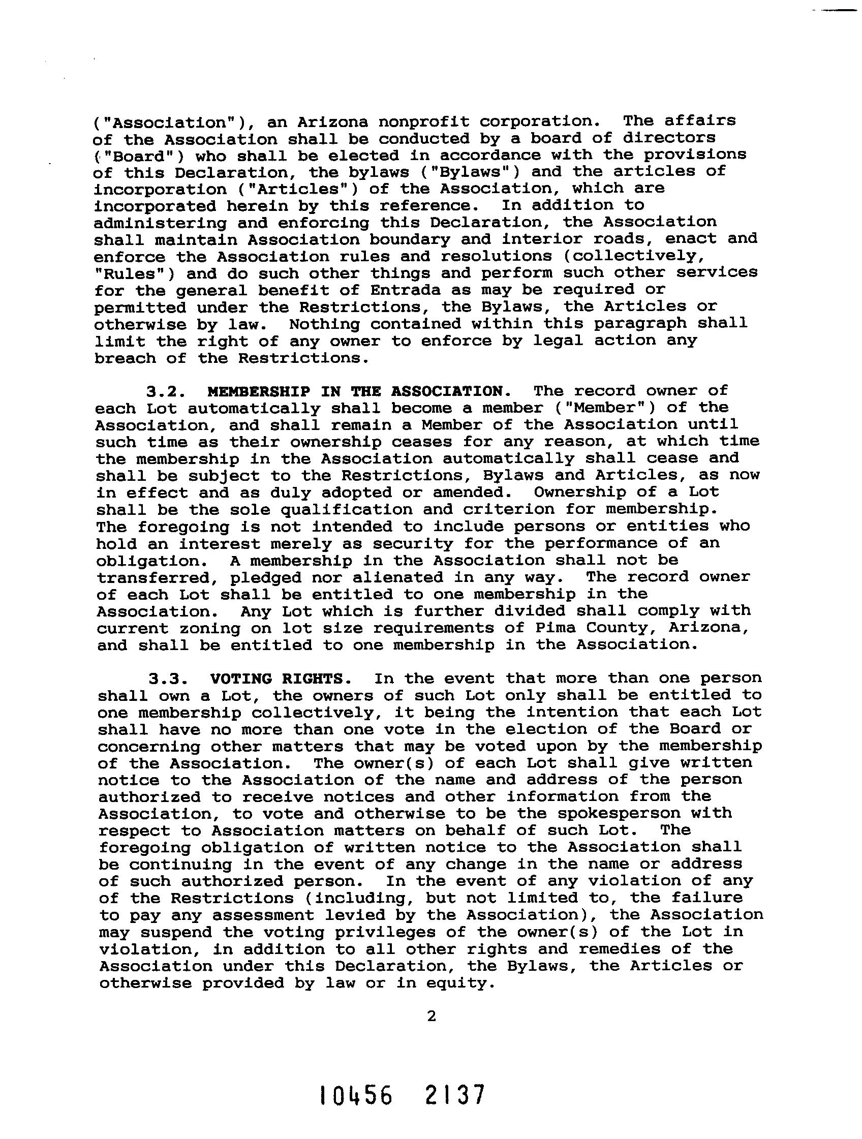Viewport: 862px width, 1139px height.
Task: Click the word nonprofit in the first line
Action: pyautogui.click(x=423, y=122)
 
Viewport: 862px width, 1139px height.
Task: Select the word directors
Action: pyautogui.click(x=669, y=139)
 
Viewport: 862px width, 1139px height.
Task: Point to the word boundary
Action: pyautogui.click(x=409, y=240)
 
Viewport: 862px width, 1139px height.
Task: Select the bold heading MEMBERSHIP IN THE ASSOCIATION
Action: pyautogui.click(x=355, y=391)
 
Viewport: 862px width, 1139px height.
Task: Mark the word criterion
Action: pyautogui.click(x=509, y=509)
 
